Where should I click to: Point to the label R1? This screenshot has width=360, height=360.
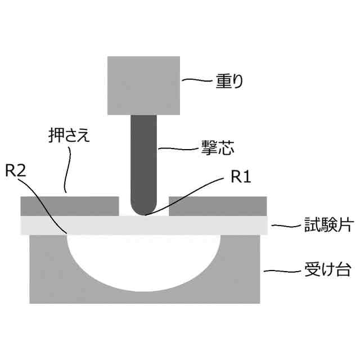point(240,177)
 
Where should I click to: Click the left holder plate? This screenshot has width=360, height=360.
point(69,206)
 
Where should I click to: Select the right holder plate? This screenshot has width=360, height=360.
point(218,206)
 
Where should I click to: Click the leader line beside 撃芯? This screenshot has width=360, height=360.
point(178,150)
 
